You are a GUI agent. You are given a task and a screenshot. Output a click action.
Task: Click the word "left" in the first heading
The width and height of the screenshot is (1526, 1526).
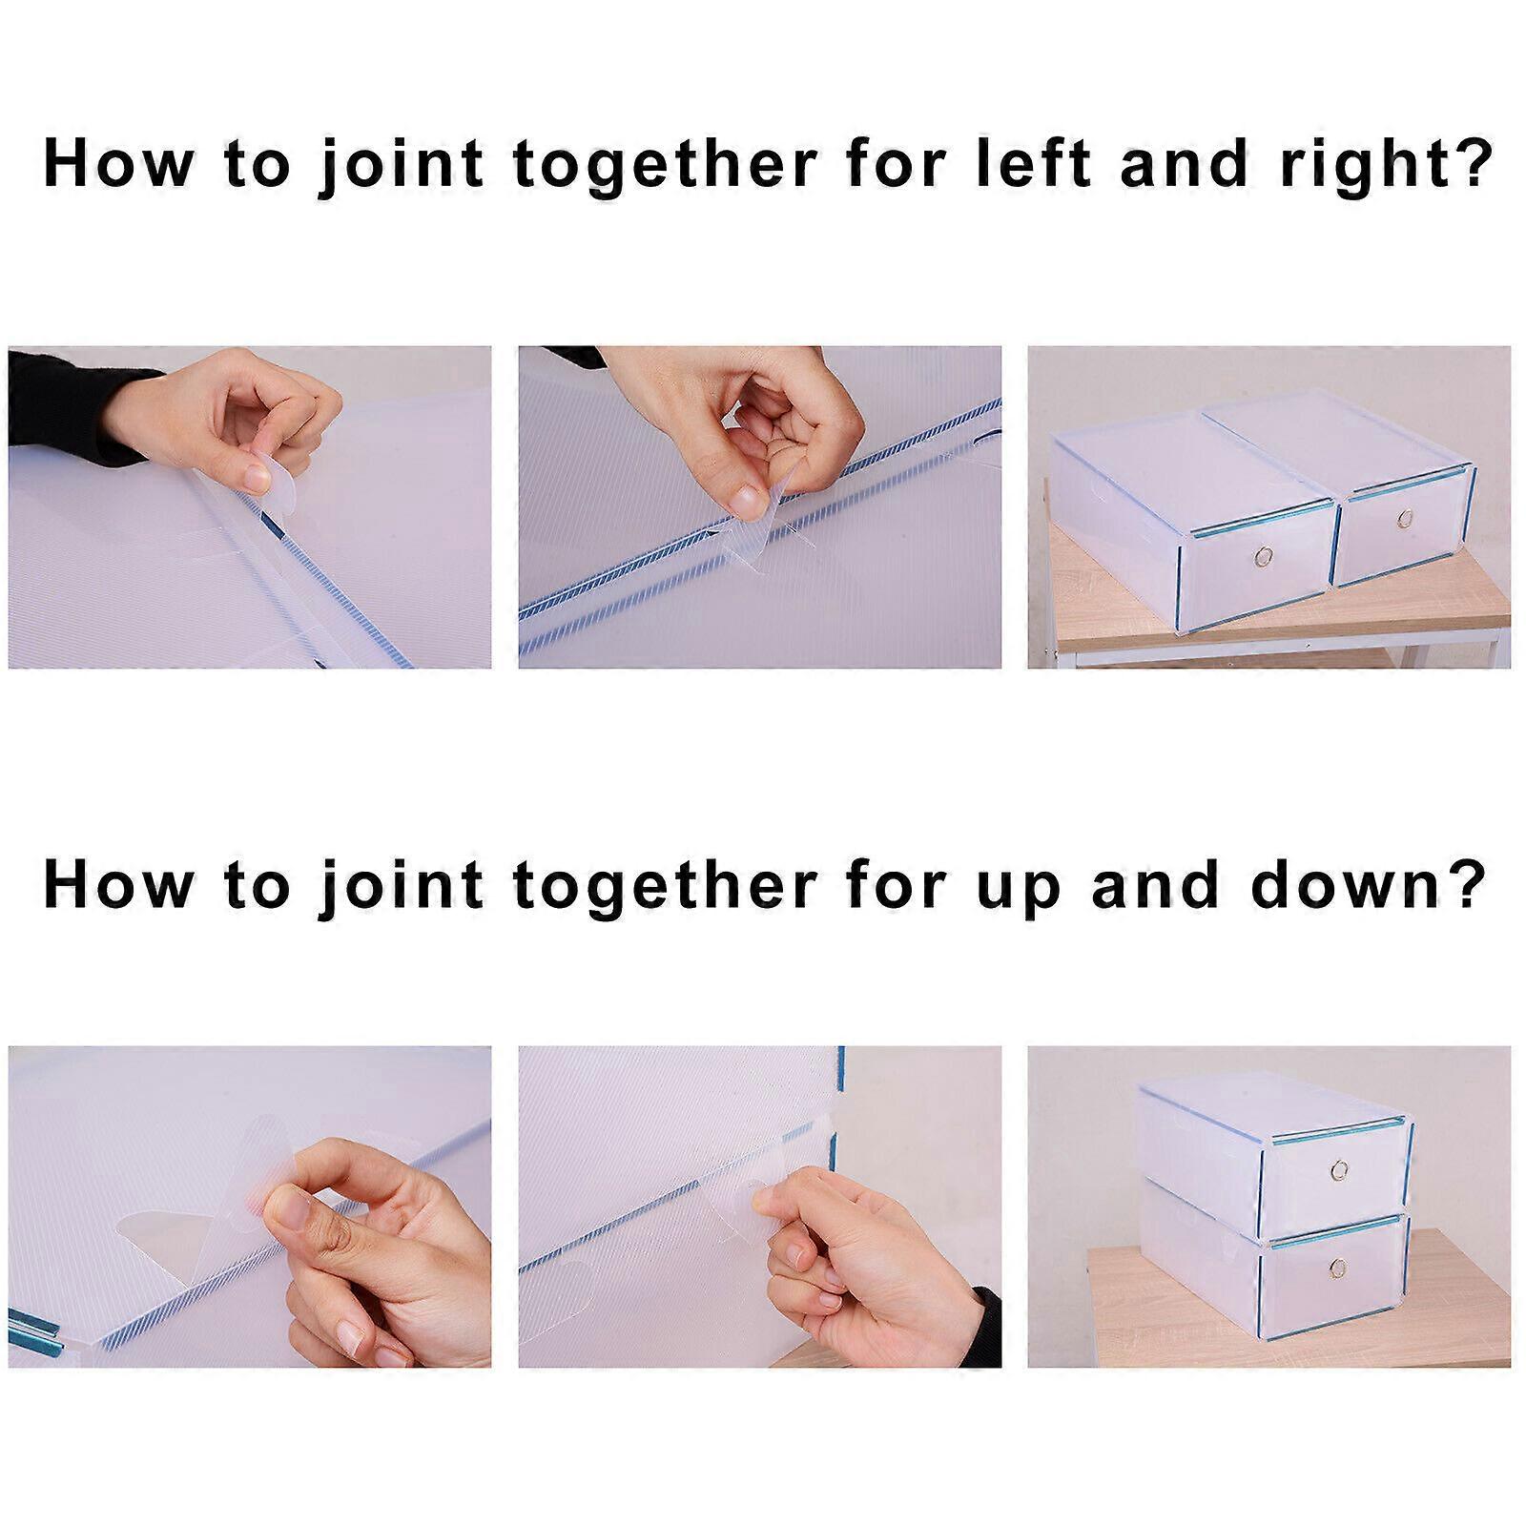(x=1033, y=163)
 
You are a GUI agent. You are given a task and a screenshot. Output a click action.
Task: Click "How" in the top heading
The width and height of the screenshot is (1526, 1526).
(x=117, y=163)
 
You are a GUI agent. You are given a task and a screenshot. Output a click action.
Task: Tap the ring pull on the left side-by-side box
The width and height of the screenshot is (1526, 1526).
(x=1264, y=556)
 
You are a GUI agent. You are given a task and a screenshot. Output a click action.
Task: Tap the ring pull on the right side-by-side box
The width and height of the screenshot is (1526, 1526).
(x=1405, y=520)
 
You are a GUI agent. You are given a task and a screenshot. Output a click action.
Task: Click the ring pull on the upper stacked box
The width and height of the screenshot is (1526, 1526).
(x=1340, y=1168)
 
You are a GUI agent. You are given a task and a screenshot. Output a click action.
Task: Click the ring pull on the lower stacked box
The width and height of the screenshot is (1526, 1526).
(x=1339, y=1268)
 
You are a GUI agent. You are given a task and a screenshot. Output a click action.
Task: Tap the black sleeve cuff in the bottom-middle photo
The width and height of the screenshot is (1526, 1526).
(x=988, y=1325)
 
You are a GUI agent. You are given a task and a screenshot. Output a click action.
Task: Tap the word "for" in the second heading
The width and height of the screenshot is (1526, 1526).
(x=897, y=884)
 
